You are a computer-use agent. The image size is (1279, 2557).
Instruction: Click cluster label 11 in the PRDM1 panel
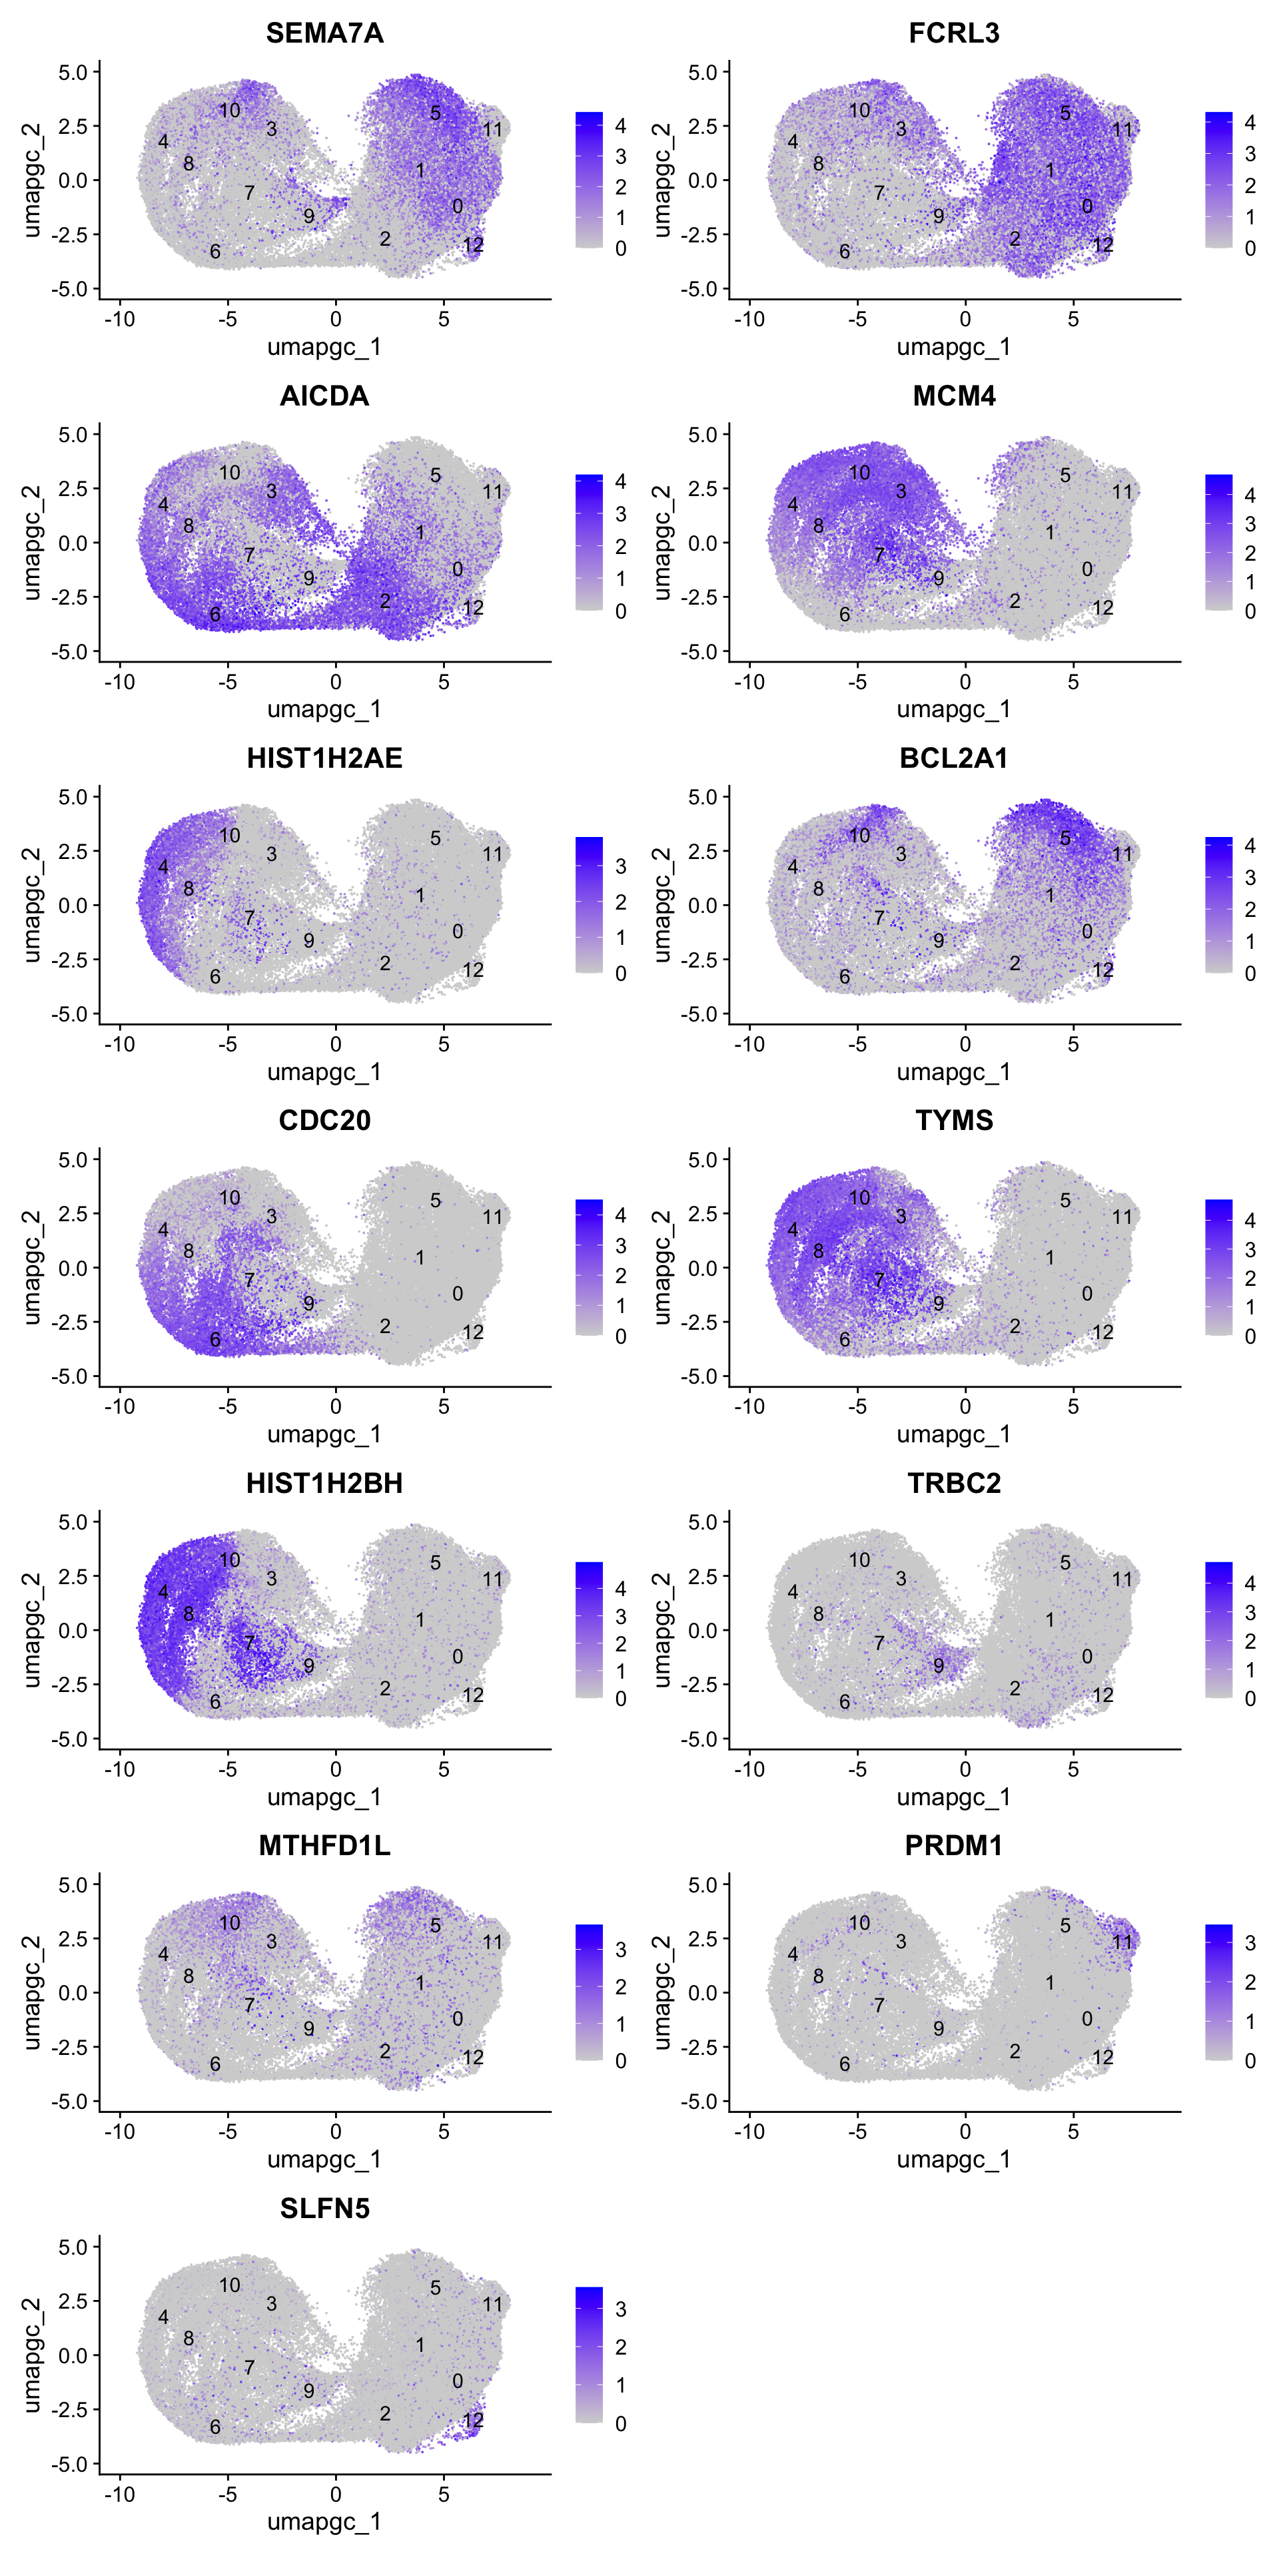coord(1122,1942)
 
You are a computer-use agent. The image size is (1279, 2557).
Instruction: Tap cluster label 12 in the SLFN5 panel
coord(473,2420)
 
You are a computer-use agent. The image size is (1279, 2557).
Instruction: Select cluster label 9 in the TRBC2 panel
coord(939,1665)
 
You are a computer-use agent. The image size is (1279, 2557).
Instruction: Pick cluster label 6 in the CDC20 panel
coord(214,1339)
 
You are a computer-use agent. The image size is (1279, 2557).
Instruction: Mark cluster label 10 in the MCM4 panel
coord(859,473)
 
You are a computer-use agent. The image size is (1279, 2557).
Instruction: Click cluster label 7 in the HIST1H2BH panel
coord(249,1643)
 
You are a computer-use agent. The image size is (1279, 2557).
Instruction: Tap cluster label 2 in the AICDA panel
coord(385,601)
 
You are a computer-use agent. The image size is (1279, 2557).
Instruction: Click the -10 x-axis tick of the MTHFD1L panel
coord(119,2131)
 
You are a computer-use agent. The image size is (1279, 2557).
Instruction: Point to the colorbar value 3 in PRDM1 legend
coord(1250,1942)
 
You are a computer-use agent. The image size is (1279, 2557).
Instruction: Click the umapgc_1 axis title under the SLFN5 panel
coord(324,2521)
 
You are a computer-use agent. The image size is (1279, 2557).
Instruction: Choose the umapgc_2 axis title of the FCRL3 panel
coord(661,180)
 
